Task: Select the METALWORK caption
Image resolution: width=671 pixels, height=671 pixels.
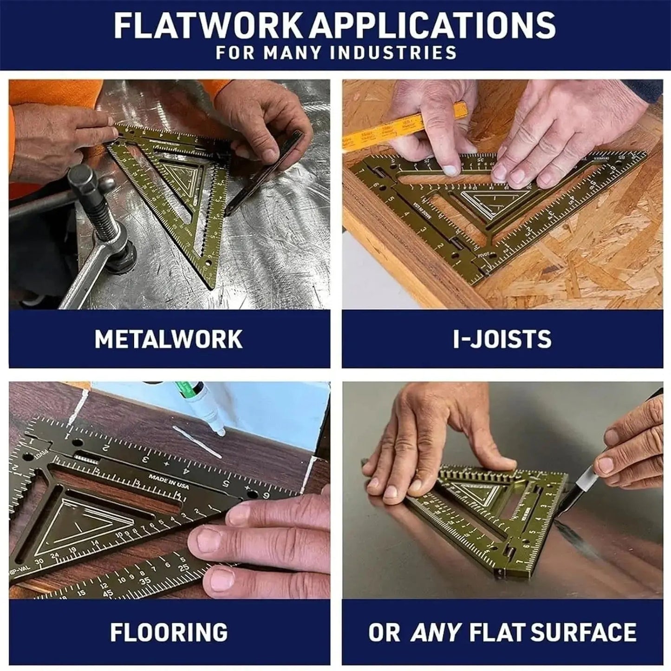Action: tap(169, 339)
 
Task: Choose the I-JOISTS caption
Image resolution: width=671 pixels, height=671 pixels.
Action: tap(502, 339)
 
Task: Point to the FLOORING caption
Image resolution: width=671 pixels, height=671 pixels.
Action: tap(169, 632)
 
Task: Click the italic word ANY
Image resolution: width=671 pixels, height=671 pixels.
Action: tap(436, 632)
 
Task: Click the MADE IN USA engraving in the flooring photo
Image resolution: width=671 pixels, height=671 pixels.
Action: tap(169, 481)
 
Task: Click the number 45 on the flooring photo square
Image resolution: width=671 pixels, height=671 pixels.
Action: tap(108, 593)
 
